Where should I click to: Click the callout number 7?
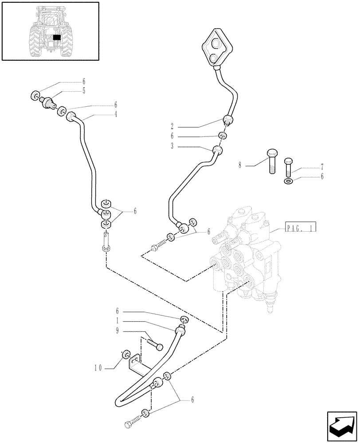tap(322, 167)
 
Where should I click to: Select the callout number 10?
tap(98, 367)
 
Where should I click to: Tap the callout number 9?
tap(117, 330)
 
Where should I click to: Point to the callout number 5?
tap(83, 91)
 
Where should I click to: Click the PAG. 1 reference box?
tap(301, 229)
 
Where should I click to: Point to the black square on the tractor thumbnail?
tap(57, 38)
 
